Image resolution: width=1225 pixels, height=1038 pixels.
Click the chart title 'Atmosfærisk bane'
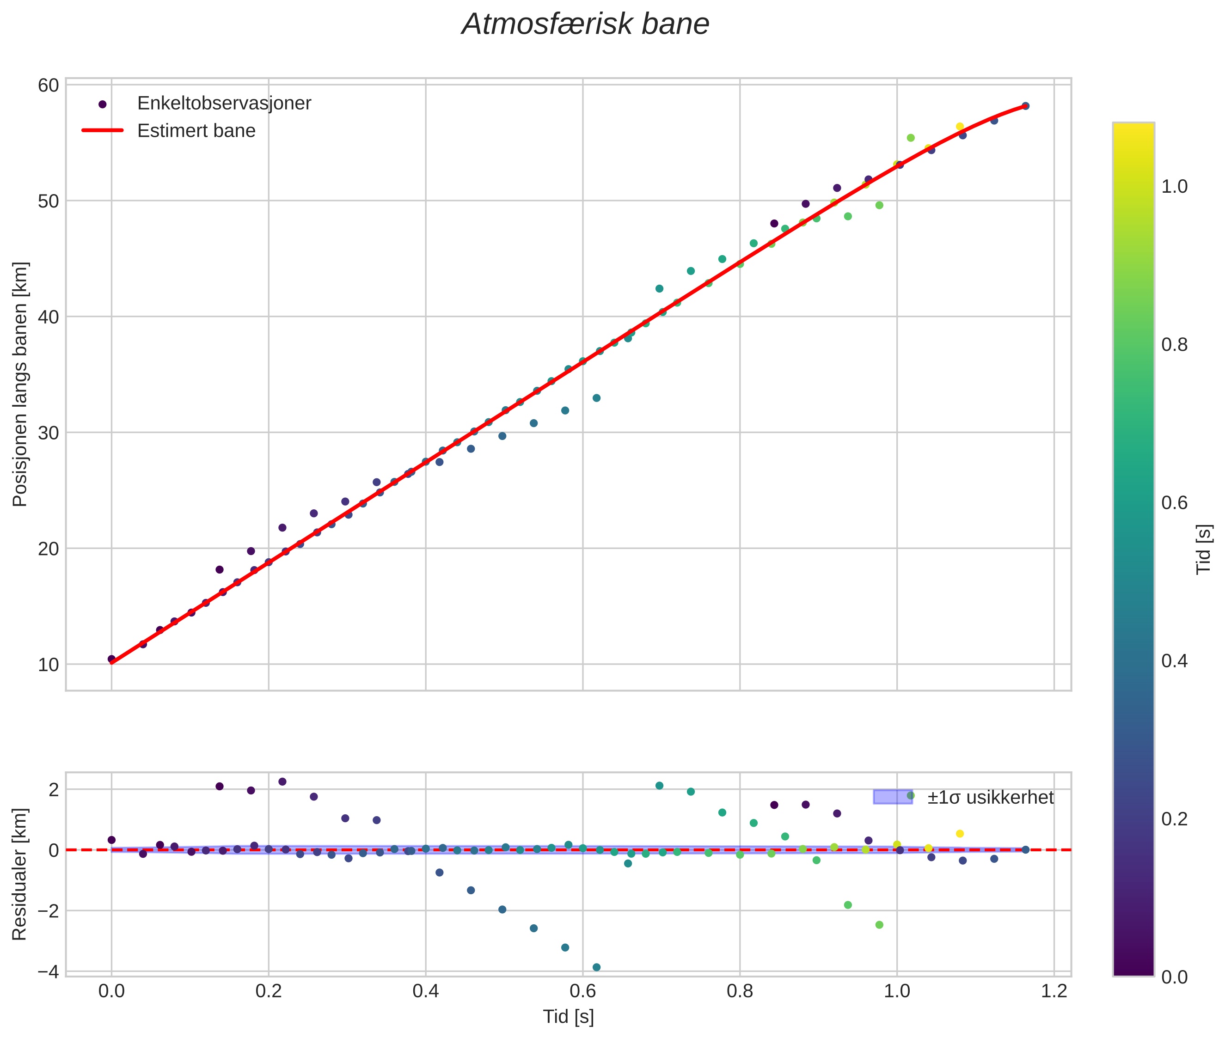pos(585,24)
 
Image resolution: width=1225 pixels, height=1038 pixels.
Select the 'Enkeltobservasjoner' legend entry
pos(224,104)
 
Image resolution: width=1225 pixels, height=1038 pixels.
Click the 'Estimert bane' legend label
pos(196,131)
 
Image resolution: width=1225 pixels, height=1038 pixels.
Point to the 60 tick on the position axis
pos(48,85)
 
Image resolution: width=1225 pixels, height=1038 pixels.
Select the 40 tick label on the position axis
pos(48,317)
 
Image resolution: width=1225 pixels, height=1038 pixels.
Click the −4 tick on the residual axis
pos(48,971)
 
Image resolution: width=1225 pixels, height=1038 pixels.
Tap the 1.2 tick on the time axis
pos(1053,991)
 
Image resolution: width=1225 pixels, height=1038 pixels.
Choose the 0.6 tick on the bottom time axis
pos(583,991)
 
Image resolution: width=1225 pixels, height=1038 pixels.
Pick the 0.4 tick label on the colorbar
pos(1174,661)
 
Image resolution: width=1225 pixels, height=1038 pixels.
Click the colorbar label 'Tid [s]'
pos(1204,549)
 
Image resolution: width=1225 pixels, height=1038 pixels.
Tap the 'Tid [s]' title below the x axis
pos(568,1016)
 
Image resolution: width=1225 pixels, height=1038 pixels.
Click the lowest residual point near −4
pos(596,967)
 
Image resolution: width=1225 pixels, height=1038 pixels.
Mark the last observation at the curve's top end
pos(1025,106)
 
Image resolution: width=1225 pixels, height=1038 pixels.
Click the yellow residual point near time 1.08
pos(960,833)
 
